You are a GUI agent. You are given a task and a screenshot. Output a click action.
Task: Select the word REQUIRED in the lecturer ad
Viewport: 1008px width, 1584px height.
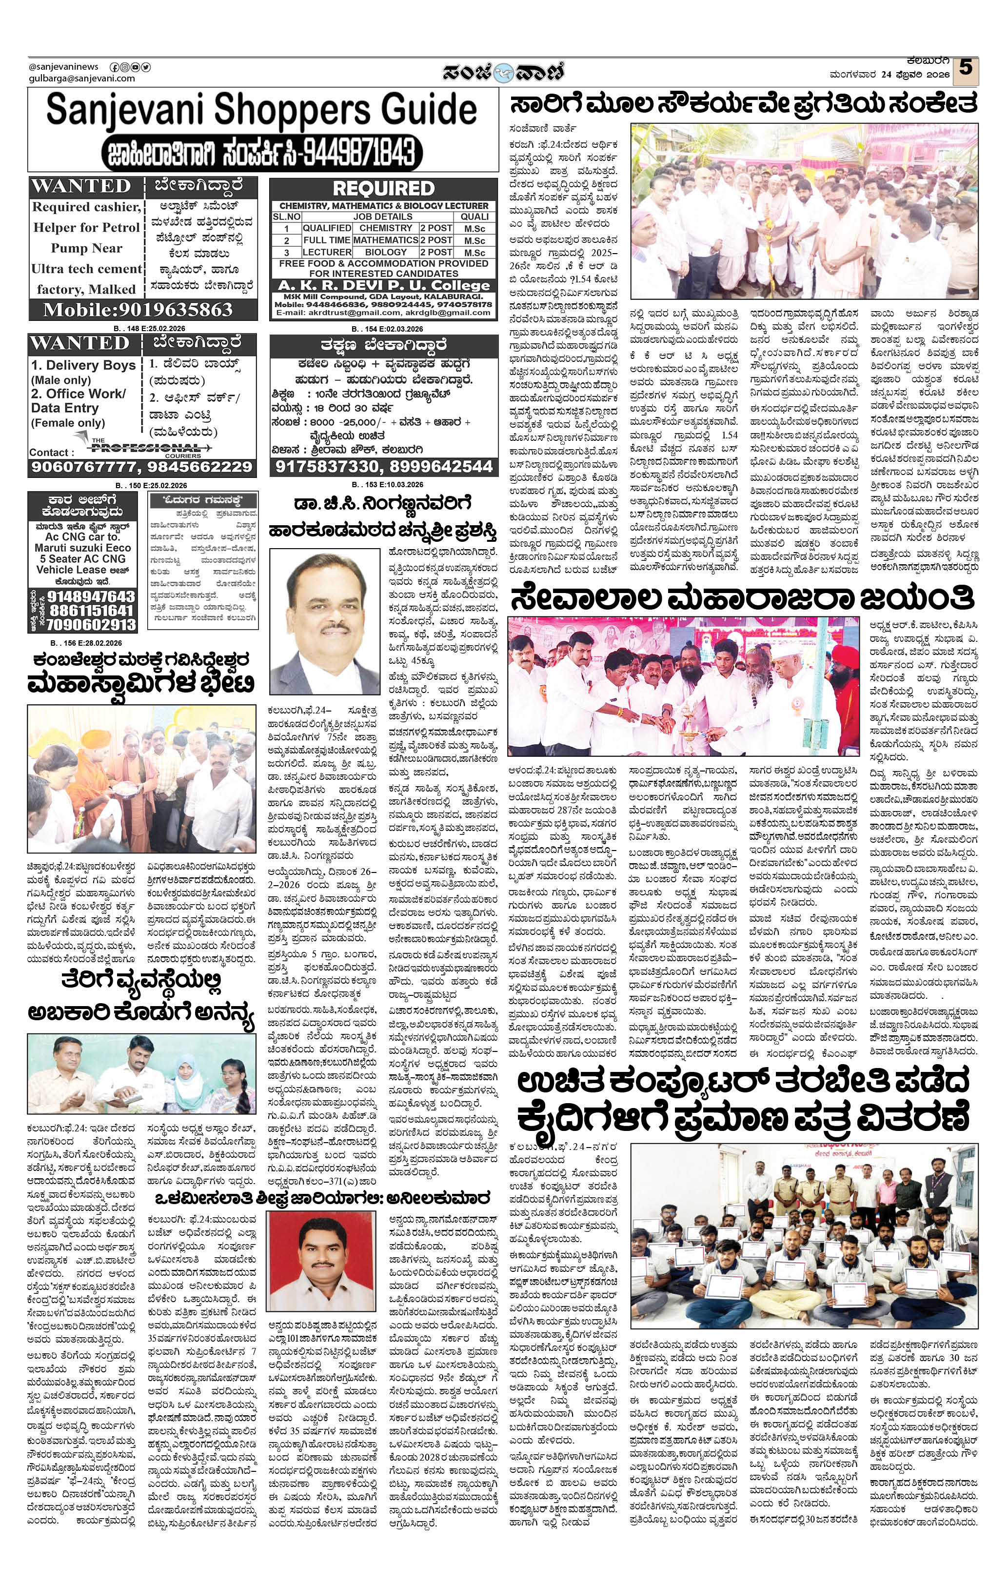point(384,189)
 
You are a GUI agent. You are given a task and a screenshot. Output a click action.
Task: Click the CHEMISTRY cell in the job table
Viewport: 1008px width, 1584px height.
point(386,228)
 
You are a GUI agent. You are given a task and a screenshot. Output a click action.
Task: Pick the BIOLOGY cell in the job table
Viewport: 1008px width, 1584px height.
point(386,252)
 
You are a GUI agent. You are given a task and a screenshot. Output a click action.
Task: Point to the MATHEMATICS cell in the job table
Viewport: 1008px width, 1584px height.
point(386,240)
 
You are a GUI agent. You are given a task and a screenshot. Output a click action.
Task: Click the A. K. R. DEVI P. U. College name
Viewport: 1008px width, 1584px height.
point(384,285)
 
